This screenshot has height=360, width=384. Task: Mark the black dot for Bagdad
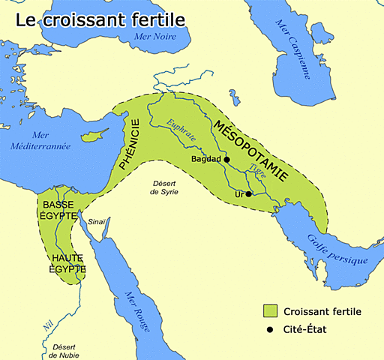coord(226,160)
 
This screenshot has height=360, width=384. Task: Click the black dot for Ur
coord(248,193)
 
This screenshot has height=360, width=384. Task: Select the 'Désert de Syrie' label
coord(163,187)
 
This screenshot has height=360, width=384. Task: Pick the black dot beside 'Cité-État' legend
coord(271,328)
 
